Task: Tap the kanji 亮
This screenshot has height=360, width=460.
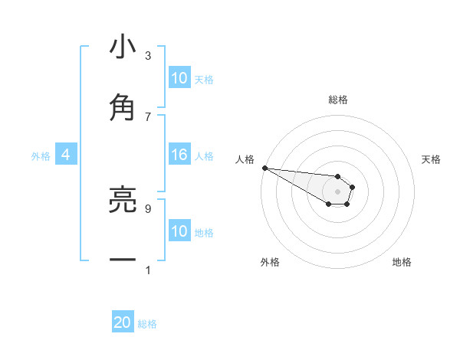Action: pos(123,200)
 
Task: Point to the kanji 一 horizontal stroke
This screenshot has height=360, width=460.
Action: pos(123,260)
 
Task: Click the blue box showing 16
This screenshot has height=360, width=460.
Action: pos(179,155)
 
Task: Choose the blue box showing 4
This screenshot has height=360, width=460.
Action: pos(66,155)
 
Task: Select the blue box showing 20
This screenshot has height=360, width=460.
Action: pos(123,322)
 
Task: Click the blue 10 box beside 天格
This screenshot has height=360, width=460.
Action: pos(179,78)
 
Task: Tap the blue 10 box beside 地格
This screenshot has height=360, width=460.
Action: pos(179,231)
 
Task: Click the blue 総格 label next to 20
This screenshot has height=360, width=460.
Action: pos(147,324)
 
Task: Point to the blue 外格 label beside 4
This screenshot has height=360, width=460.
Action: pos(41,156)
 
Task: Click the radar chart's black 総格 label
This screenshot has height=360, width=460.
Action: pos(338,100)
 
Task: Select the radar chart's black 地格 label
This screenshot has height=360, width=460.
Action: pos(402,262)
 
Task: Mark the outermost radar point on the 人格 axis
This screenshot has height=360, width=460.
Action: pos(264,168)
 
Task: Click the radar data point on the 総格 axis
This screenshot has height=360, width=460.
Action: pos(338,176)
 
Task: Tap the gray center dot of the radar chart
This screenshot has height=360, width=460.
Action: pos(338,191)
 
